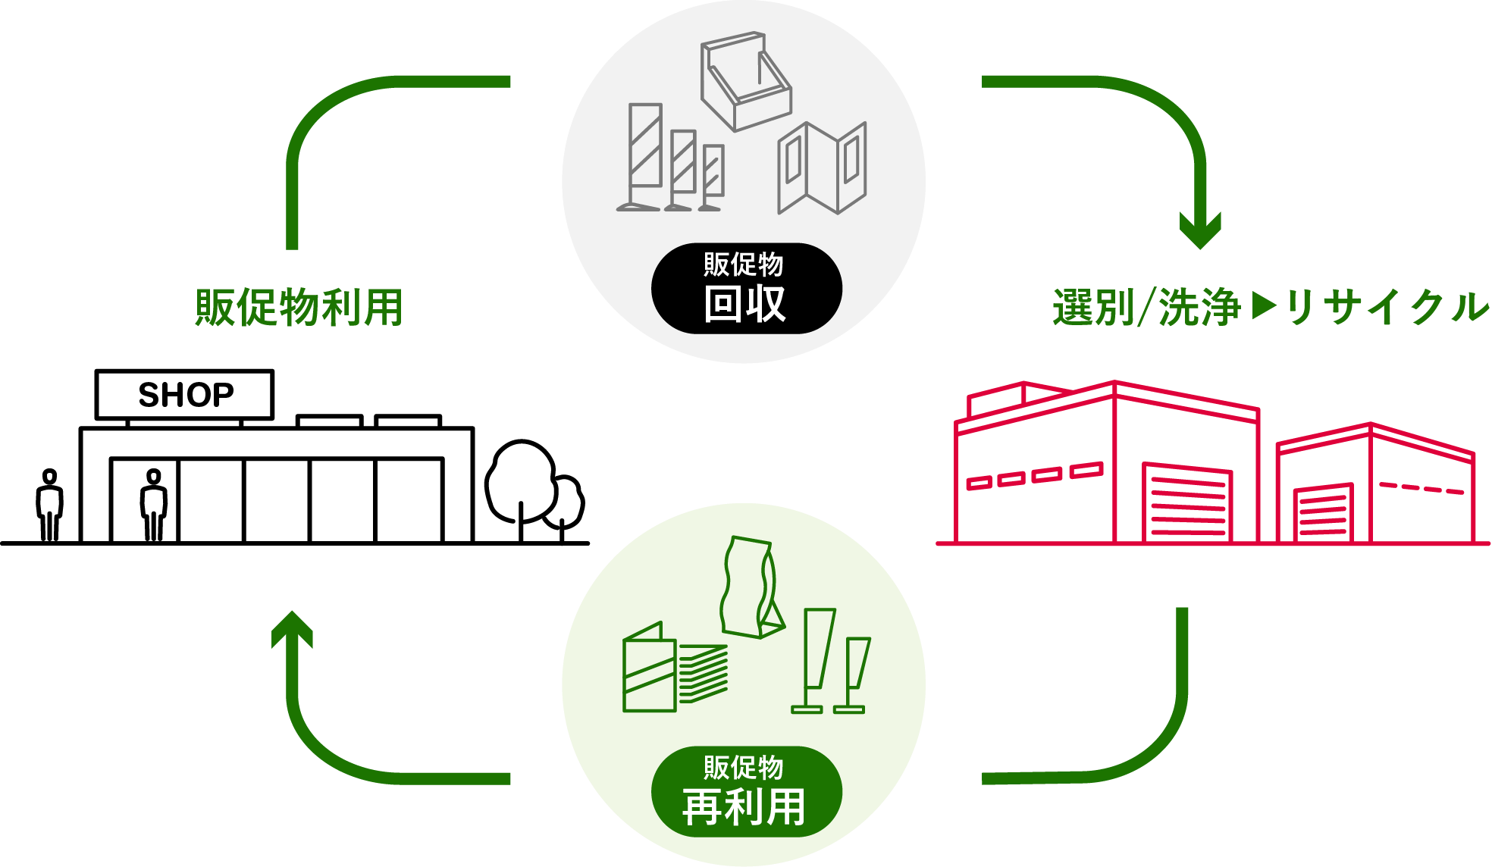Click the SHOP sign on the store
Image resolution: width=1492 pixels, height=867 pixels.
coord(184,395)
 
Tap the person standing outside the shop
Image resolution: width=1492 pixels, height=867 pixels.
coord(50,505)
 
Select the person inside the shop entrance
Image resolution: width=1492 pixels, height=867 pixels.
coord(154,505)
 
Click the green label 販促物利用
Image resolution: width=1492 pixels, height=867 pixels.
coord(299,308)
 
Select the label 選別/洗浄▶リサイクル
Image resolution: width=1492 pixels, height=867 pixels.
coord(1270,308)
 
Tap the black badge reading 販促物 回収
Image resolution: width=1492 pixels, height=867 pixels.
coord(746,288)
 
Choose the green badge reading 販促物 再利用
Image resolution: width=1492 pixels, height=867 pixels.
coord(746,791)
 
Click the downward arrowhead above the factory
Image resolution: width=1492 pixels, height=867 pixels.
coord(1200,230)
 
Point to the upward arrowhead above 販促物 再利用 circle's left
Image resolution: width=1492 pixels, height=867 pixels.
coord(293,629)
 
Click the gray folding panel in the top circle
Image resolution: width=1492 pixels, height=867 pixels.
coord(822,168)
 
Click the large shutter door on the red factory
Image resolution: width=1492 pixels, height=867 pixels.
coord(1187,502)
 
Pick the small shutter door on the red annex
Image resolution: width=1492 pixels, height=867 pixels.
coord(1323,513)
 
